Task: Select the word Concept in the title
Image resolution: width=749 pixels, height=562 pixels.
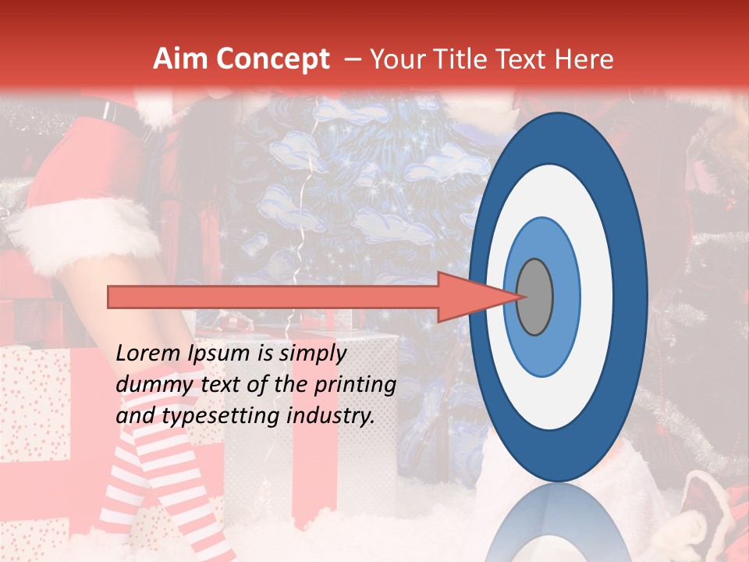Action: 272,59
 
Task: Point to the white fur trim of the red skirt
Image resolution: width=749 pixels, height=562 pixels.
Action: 86,226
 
